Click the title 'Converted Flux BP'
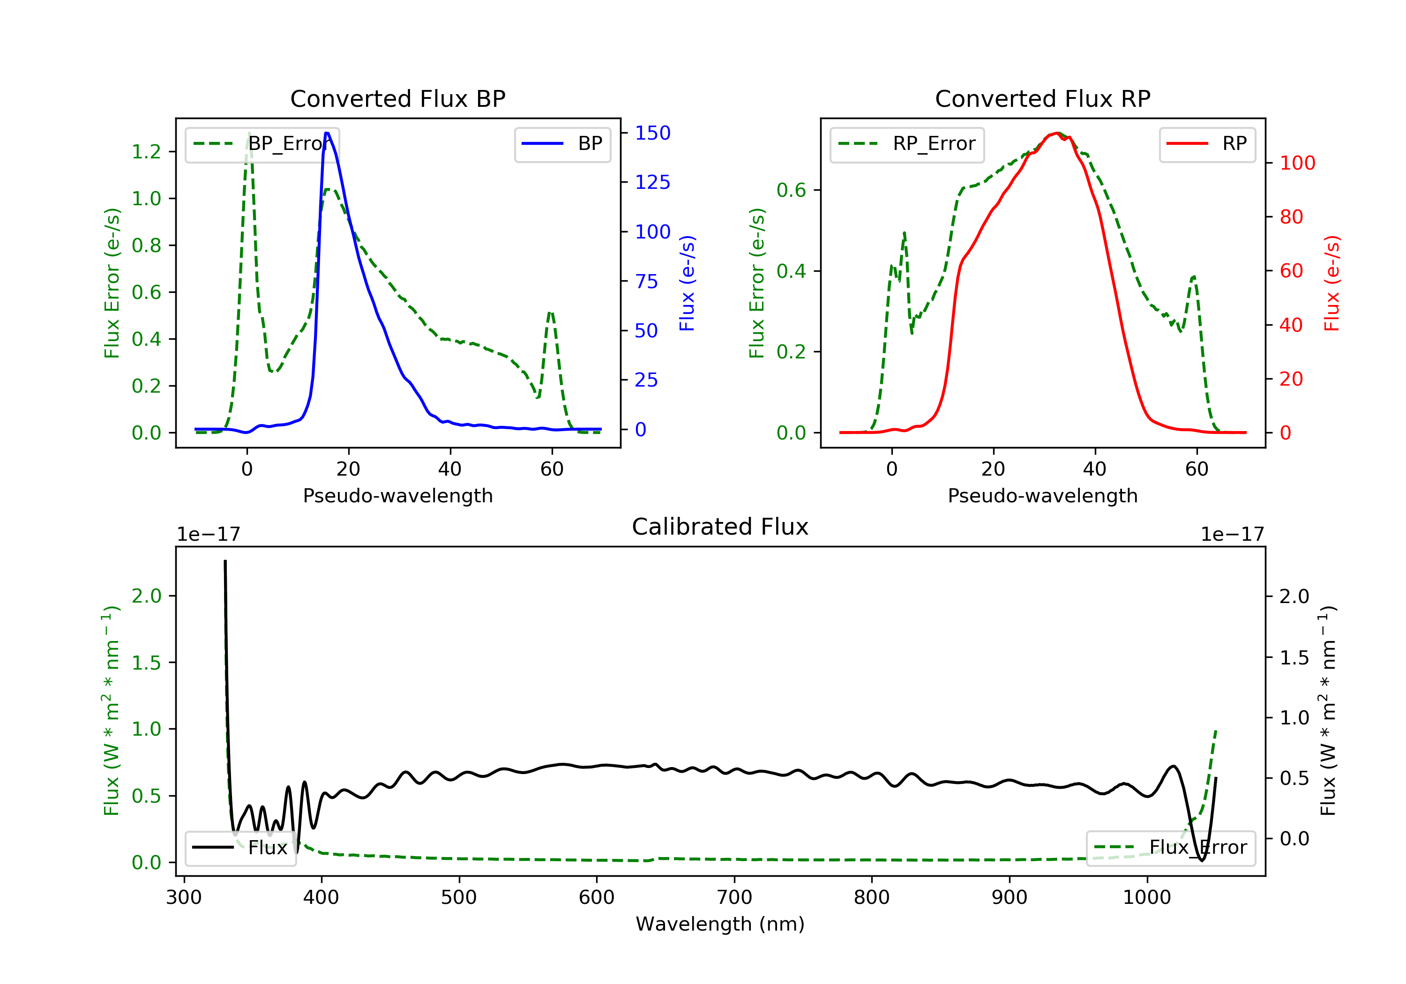pyautogui.click(x=397, y=98)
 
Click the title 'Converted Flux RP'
pyautogui.click(x=1042, y=98)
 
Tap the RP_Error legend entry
pyautogui.click(x=907, y=144)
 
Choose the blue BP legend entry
pyautogui.click(x=562, y=144)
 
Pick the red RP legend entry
pyautogui.click(x=1207, y=144)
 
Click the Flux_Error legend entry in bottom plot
pyautogui.click(x=1170, y=848)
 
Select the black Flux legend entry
pyautogui.click(x=241, y=848)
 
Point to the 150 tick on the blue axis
pyautogui.click(x=652, y=133)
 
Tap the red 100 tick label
pyautogui.click(x=1297, y=163)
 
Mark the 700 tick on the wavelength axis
pyautogui.click(x=734, y=898)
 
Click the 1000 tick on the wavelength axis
pyautogui.click(x=1146, y=898)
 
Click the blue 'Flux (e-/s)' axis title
pyautogui.click(x=687, y=283)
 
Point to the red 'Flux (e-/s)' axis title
pyautogui.click(x=1332, y=283)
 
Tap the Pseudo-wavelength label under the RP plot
pyautogui.click(x=1042, y=495)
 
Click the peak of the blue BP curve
pyautogui.click(x=327, y=133)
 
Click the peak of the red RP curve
pyautogui.click(x=1058, y=133)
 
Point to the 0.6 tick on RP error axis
pyautogui.click(x=791, y=190)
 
